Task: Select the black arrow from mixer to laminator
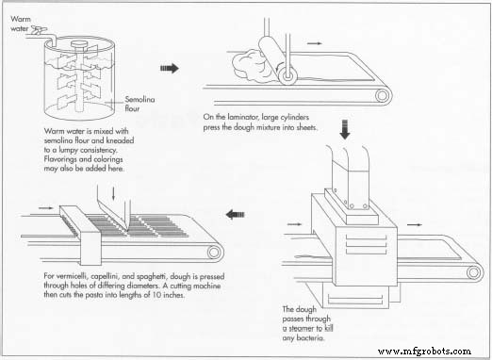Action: [x=170, y=68]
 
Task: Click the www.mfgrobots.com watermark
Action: [x=436, y=350]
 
